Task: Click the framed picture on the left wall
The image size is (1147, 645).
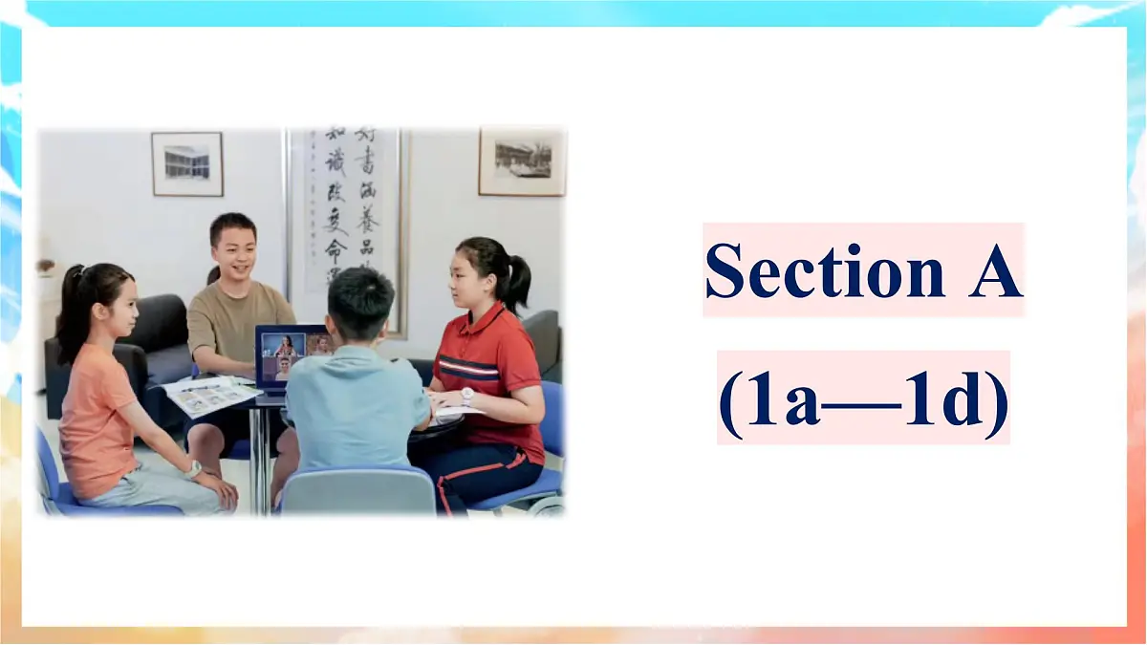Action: coord(186,163)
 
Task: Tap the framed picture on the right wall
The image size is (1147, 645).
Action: coord(522,161)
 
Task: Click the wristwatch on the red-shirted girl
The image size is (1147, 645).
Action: coord(466,395)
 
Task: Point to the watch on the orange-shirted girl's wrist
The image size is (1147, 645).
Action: coord(194,468)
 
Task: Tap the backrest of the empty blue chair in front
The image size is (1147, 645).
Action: coord(357,492)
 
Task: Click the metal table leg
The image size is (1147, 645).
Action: coord(257,459)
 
